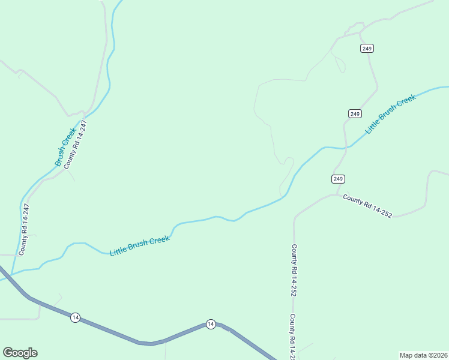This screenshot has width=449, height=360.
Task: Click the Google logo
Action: [20, 353]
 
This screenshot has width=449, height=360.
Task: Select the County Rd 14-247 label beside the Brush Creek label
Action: [76, 143]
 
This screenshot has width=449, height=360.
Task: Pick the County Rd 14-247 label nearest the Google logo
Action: [24, 229]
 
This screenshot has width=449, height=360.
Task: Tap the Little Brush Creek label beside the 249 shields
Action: [390, 113]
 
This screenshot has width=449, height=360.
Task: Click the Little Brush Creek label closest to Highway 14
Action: [140, 245]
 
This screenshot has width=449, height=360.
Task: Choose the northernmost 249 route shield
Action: [367, 48]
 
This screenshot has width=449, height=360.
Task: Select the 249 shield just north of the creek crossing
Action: [354, 113]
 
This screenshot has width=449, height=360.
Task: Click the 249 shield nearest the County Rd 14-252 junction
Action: [338, 179]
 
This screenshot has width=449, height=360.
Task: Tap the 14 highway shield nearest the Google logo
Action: [74, 317]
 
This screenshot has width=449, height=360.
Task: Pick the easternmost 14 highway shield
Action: [210, 324]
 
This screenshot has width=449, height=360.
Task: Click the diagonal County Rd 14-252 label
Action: [367, 205]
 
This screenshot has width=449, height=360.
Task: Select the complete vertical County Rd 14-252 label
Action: [294, 270]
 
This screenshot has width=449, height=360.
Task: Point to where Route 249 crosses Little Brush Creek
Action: [345, 147]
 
